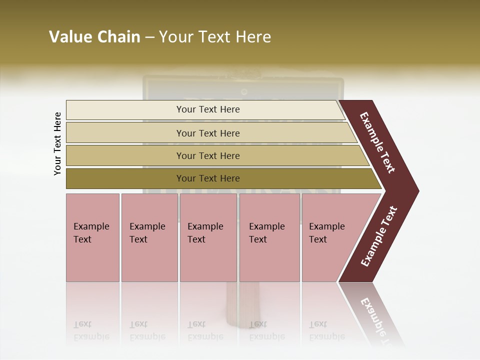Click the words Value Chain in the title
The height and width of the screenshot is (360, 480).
coord(94,37)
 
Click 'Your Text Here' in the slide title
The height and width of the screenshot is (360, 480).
coord(215,37)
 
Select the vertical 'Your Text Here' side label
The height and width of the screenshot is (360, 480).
coord(57,143)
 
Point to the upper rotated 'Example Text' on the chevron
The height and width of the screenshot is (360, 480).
coord(377,142)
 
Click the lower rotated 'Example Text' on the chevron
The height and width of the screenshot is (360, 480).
coord(379,236)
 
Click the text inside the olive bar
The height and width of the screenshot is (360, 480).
coord(208,178)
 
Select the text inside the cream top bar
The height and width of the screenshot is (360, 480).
coord(208,109)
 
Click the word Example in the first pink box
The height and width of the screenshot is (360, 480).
coord(91,226)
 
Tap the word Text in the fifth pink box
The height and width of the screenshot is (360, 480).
coord(318,239)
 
